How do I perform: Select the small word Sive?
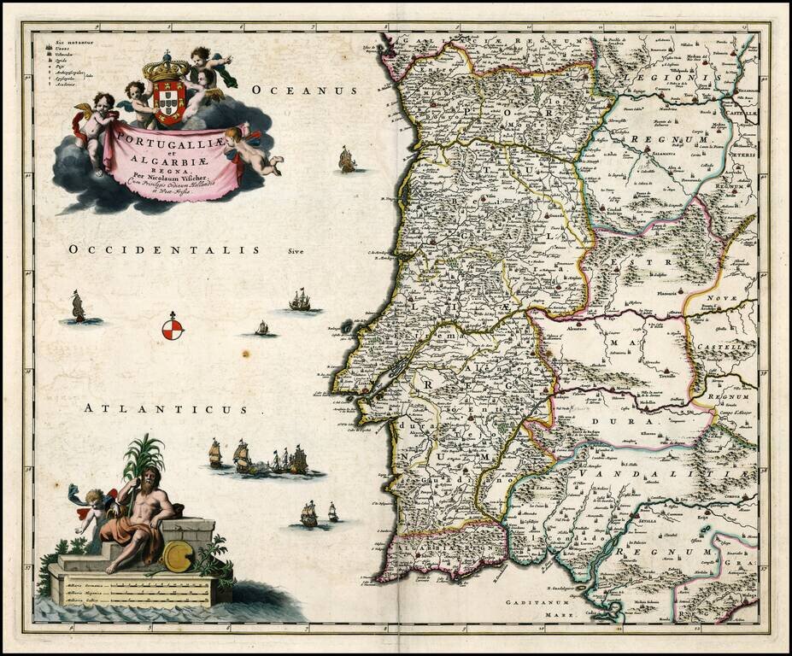296,252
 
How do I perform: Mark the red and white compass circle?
173,327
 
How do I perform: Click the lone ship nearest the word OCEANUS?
346,159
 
